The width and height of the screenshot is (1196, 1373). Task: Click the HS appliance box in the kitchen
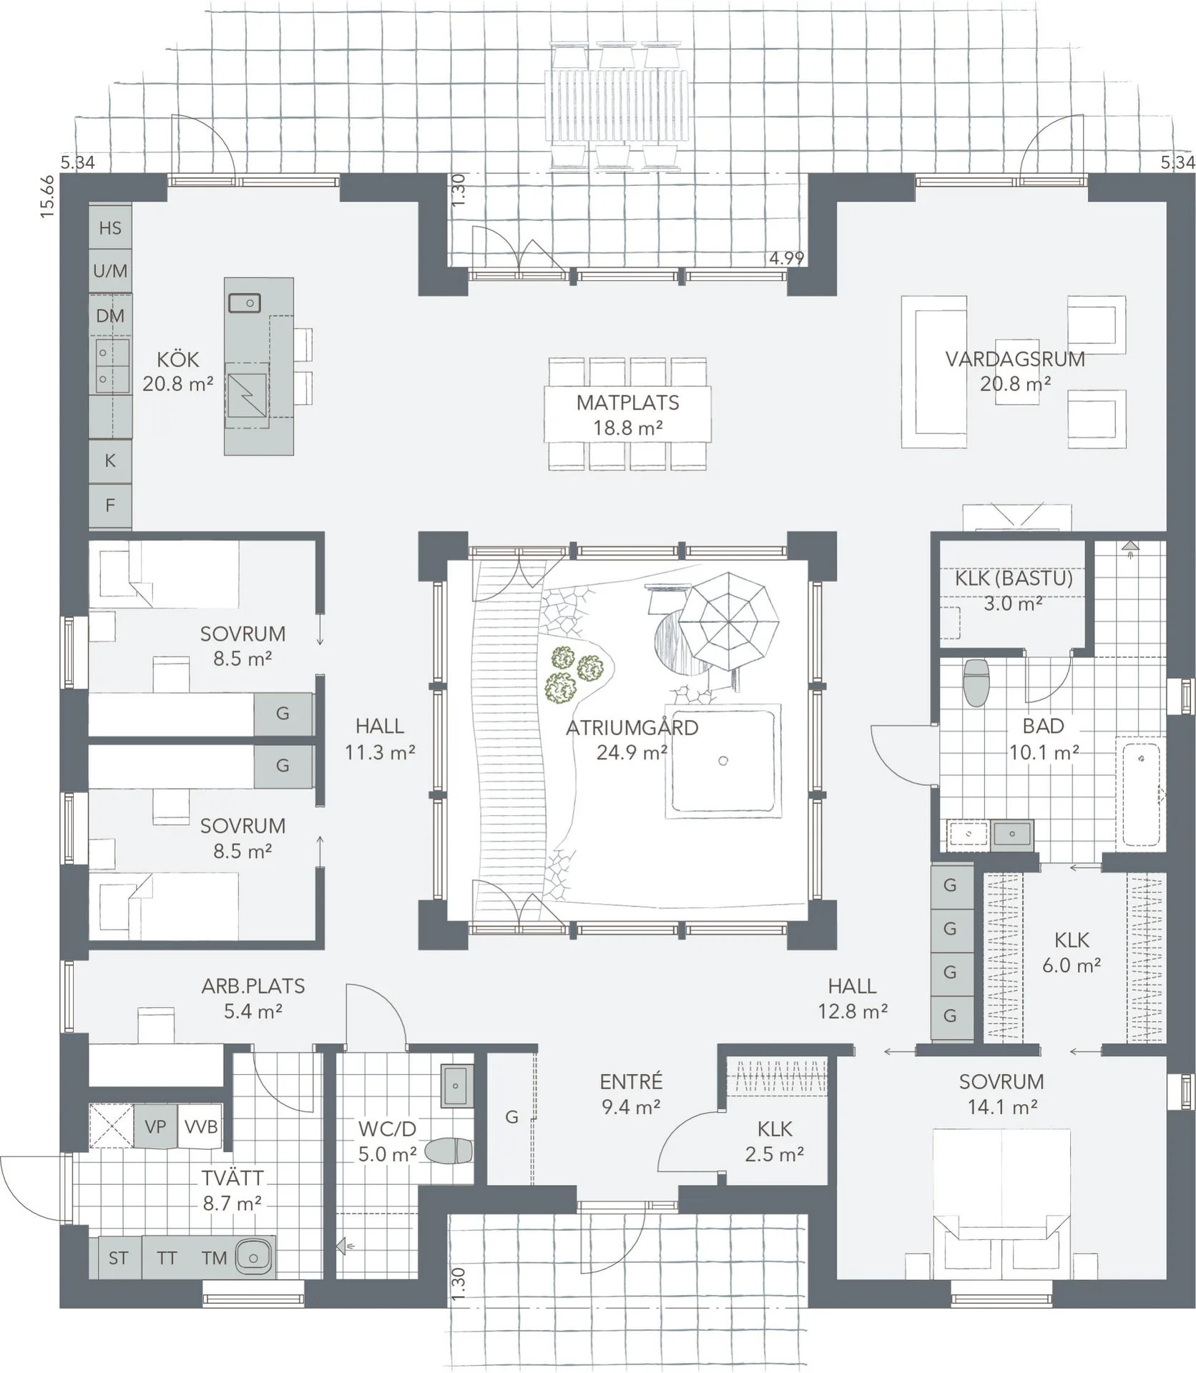pyautogui.click(x=110, y=227)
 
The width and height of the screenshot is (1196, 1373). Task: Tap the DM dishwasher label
pyautogui.click(x=110, y=315)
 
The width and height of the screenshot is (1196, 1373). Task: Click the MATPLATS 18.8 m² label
pyautogui.click(x=627, y=415)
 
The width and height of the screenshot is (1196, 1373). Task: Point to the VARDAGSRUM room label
pyautogui.click(x=1014, y=359)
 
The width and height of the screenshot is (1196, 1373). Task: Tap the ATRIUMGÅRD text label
pyautogui.click(x=632, y=728)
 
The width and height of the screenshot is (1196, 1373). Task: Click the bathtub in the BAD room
pyautogui.click(x=1141, y=794)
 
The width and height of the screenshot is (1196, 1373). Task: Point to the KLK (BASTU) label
pyautogui.click(x=1014, y=579)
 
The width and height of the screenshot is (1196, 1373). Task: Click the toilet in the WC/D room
pyautogui.click(x=448, y=1151)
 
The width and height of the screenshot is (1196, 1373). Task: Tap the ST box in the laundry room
pyautogui.click(x=119, y=1258)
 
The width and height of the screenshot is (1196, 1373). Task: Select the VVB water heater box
pyautogui.click(x=200, y=1127)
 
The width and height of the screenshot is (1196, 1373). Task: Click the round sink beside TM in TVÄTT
pyautogui.click(x=253, y=1256)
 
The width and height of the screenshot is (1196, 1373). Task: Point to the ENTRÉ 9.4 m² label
pyautogui.click(x=631, y=1094)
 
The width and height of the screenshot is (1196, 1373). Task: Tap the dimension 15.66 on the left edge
pyautogui.click(x=47, y=196)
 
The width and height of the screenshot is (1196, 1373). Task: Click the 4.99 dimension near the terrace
pyautogui.click(x=786, y=258)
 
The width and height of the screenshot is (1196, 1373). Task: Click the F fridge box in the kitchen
pyautogui.click(x=110, y=506)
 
